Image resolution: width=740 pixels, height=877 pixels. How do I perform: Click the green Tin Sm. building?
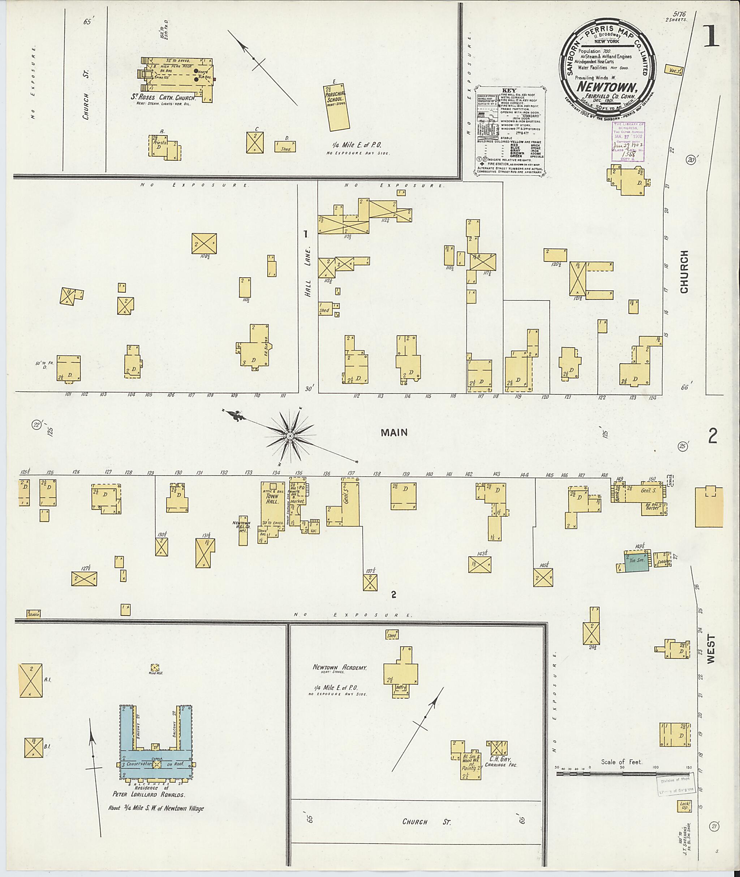click(x=636, y=562)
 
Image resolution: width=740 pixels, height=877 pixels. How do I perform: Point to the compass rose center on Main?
click(x=289, y=437)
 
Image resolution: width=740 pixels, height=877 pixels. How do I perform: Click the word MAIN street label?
click(x=394, y=433)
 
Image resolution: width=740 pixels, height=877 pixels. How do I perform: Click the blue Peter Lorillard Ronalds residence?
click(x=156, y=764)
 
